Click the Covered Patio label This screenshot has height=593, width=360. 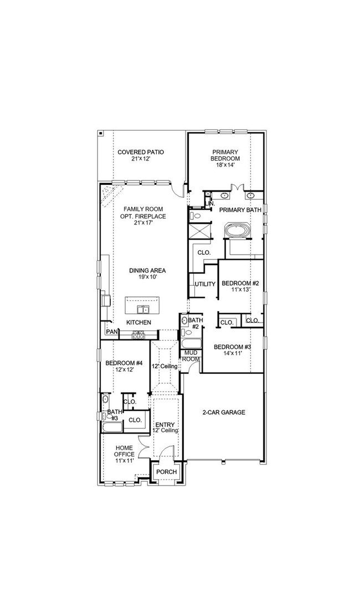coord(140,155)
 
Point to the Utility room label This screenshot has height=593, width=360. coord(204,284)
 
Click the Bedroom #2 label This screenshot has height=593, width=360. coord(236,286)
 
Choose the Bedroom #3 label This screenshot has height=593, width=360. coord(232,350)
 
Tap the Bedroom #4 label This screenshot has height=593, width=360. coord(124,367)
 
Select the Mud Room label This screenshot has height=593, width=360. coord(192,355)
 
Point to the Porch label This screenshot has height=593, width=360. coord(166,472)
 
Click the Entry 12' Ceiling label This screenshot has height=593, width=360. coord(166,427)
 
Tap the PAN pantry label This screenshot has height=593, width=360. coord(112,332)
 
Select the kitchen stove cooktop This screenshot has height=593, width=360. coord(138,334)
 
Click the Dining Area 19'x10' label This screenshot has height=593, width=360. coord(147,274)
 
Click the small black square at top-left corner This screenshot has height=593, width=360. coord(101,133)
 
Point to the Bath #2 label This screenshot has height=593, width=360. coord(196,323)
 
